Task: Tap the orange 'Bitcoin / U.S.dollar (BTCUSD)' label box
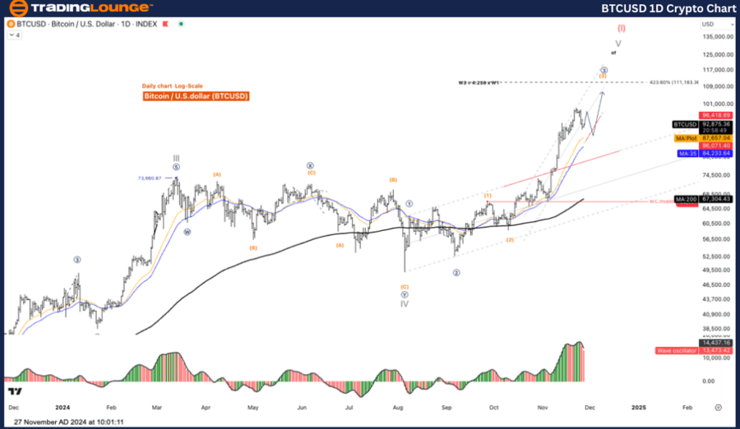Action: pyautogui.click(x=196, y=96)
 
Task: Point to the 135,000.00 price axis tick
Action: pyautogui.click(x=718, y=37)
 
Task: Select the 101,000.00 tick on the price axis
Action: pyautogui.click(x=718, y=104)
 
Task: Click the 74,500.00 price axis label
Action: pyautogui.click(x=718, y=175)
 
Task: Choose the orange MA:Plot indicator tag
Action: pyautogui.click(x=686, y=138)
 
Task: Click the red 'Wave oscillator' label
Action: pyautogui.click(x=674, y=351)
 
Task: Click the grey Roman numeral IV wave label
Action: pyautogui.click(x=405, y=303)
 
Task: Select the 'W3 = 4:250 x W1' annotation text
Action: pyautogui.click(x=491, y=83)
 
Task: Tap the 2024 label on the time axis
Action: pyautogui.click(x=62, y=407)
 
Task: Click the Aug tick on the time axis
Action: pyautogui.click(x=398, y=407)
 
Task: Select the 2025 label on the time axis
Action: pyautogui.click(x=638, y=407)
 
